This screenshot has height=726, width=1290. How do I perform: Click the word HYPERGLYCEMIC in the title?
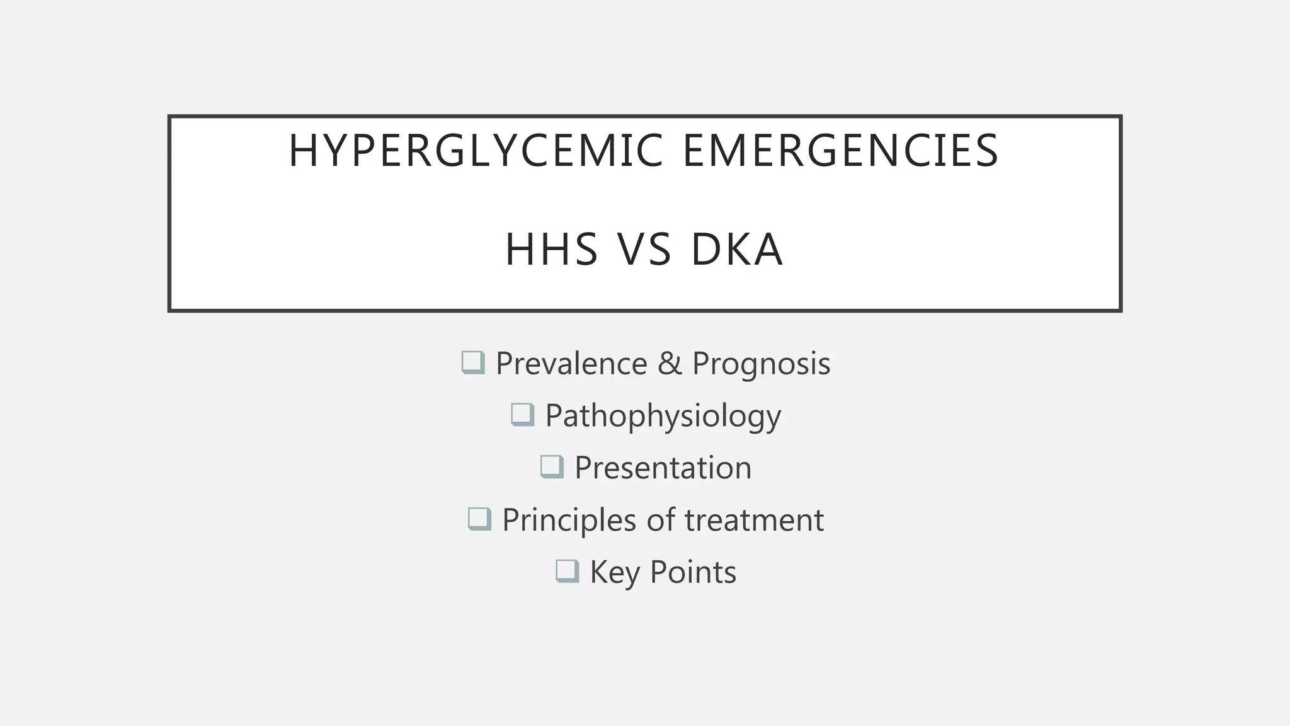[x=476, y=151]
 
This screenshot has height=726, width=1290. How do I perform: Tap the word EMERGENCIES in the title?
[x=841, y=151]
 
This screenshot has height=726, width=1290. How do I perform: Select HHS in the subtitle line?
[x=551, y=250]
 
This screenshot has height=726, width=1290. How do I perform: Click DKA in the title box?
[x=737, y=250]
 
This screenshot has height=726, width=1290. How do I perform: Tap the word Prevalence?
[x=571, y=364]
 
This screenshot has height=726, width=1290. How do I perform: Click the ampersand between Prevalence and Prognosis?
[x=670, y=364]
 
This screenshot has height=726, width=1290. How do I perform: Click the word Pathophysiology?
[x=663, y=417]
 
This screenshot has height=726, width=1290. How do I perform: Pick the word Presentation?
[x=663, y=468]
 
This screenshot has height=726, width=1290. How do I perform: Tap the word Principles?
[x=569, y=521]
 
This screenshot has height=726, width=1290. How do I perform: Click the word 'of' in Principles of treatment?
[x=660, y=521]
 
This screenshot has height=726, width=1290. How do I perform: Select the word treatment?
[x=754, y=521]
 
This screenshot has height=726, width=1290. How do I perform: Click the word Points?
[x=693, y=572]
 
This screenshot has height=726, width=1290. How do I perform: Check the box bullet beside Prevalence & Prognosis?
[x=473, y=362]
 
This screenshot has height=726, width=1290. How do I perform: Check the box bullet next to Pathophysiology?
[x=522, y=415]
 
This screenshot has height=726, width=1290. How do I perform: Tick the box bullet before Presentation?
[x=552, y=467]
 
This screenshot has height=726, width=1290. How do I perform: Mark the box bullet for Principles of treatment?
[x=479, y=519]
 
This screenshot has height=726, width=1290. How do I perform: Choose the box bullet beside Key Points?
[x=567, y=572]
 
